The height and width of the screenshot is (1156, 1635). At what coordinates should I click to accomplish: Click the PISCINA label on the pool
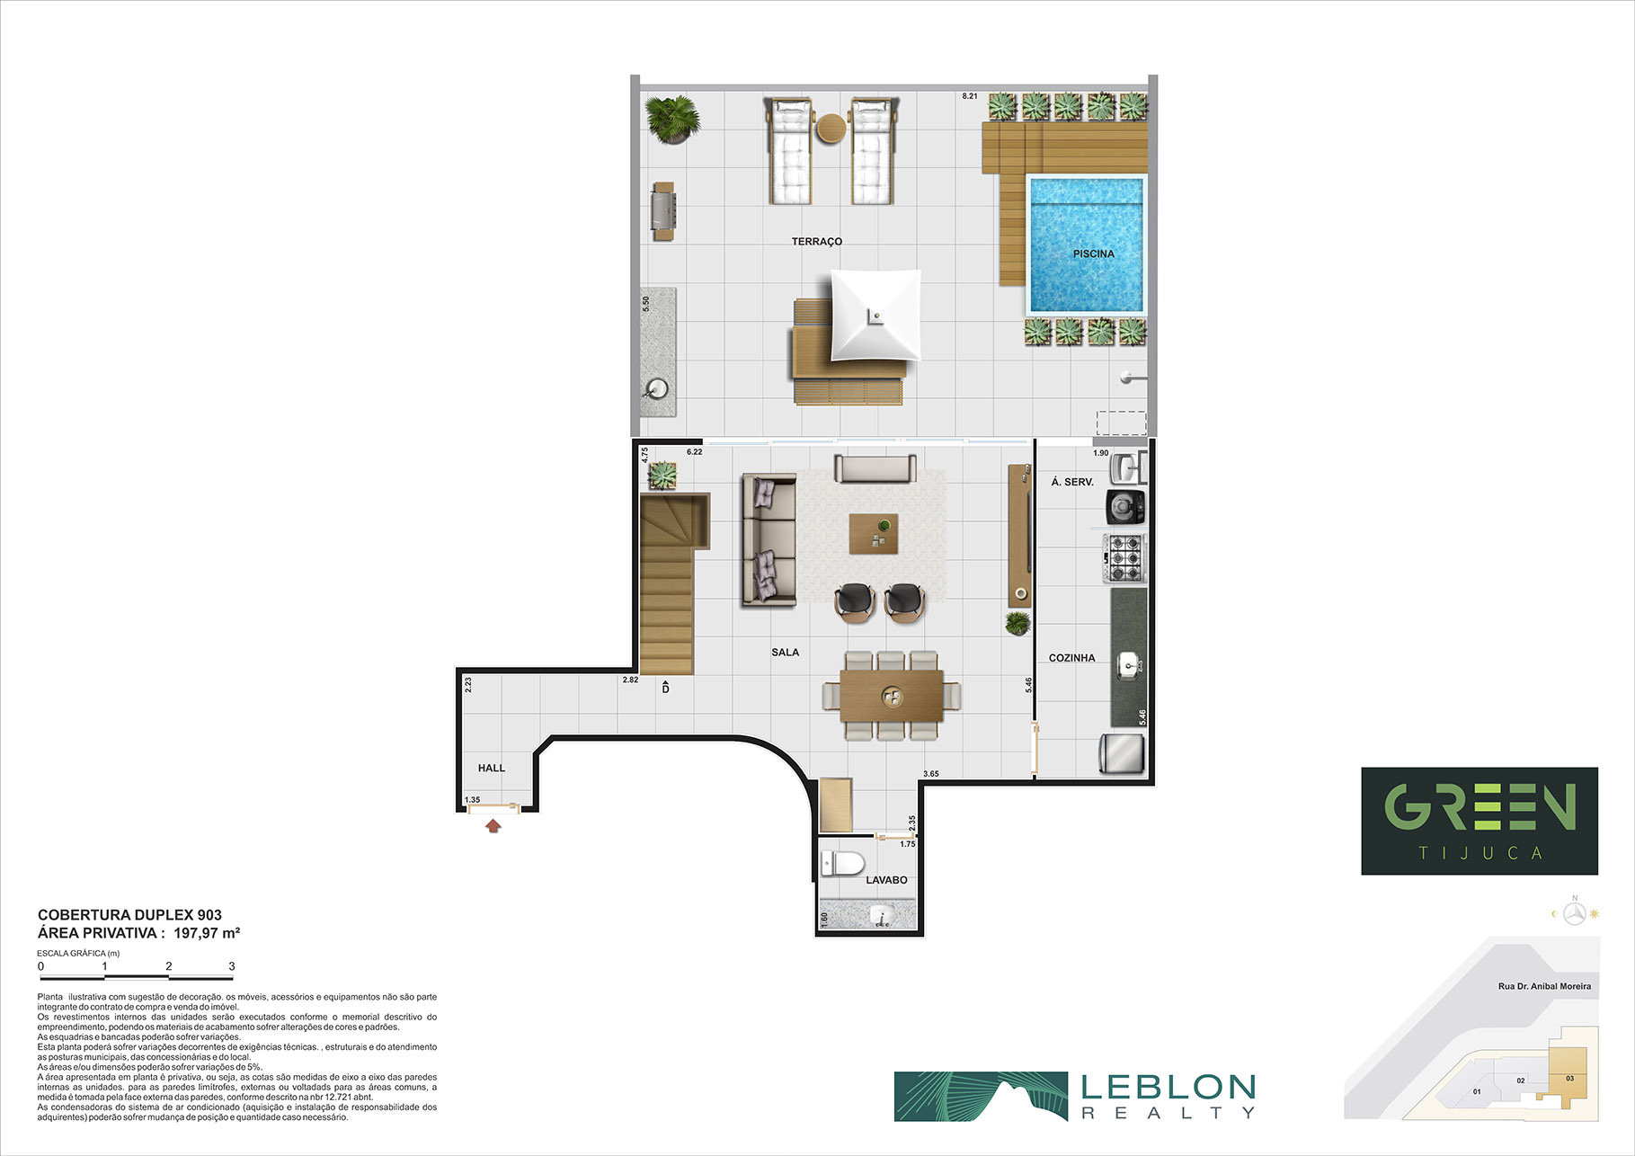click(1093, 253)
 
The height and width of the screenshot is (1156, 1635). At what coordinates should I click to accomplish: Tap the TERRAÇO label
click(817, 242)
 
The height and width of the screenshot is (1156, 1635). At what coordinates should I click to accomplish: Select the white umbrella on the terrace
click(875, 316)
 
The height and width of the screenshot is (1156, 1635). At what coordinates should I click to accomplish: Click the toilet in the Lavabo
click(842, 865)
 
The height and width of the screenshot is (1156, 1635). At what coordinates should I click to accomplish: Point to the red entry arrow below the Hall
click(493, 825)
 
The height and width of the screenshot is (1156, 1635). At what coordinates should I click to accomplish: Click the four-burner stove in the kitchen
click(1124, 557)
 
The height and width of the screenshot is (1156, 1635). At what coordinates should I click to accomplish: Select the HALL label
click(492, 769)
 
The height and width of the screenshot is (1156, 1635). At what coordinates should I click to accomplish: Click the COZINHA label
click(1071, 658)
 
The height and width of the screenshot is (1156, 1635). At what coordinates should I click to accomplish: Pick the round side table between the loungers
click(831, 128)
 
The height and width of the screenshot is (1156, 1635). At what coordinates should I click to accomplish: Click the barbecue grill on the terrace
click(663, 211)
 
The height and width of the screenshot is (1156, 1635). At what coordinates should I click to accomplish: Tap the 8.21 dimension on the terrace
click(970, 96)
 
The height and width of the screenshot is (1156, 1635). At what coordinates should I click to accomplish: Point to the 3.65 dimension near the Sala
click(931, 774)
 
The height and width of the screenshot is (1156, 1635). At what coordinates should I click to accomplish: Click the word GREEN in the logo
click(1479, 806)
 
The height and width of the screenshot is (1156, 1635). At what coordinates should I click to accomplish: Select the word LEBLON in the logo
click(1168, 1088)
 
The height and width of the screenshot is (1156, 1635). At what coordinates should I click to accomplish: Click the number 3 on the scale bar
click(232, 966)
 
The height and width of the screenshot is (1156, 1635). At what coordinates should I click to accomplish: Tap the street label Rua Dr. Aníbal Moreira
click(1544, 986)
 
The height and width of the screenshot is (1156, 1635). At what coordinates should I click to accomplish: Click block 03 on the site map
click(1569, 1079)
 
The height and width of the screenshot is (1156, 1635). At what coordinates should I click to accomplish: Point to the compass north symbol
click(1574, 913)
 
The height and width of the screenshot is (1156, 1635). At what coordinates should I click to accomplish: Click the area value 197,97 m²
click(207, 933)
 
